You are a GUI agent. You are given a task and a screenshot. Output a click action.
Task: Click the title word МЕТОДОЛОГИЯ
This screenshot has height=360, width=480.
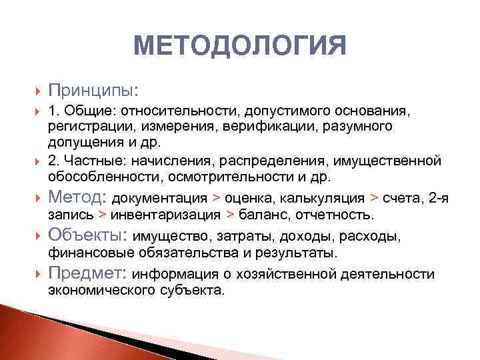[240, 47]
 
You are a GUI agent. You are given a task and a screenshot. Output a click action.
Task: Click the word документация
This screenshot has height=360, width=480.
[159, 199]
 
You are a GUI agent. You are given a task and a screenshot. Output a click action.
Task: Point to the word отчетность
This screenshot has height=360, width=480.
[340, 215]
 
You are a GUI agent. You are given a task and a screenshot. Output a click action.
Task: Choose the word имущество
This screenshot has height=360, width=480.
[167, 237]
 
